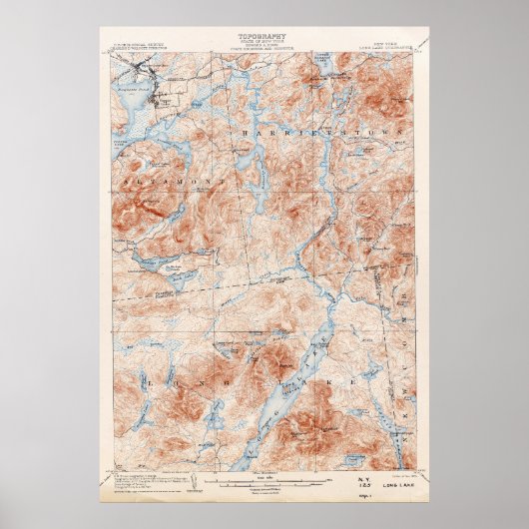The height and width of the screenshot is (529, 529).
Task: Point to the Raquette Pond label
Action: tap(141, 90)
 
